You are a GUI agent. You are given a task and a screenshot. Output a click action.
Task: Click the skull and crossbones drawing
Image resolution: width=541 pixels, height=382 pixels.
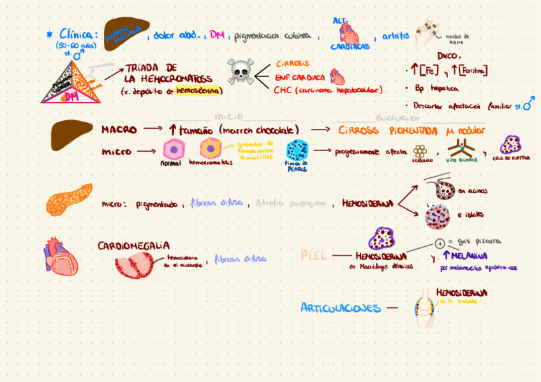coord(241,72)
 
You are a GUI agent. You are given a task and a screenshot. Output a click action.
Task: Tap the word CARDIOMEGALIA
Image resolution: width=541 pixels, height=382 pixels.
coord(133,246)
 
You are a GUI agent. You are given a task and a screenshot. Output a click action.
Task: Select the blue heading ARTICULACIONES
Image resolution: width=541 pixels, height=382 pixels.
coord(340,308)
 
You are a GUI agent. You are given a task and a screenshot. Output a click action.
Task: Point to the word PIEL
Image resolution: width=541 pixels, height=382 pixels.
coord(314,255)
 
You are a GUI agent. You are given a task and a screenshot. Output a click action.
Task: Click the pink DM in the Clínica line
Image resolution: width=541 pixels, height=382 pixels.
coord(216,35)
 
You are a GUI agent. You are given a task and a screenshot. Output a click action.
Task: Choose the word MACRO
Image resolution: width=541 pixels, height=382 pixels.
coord(119,129)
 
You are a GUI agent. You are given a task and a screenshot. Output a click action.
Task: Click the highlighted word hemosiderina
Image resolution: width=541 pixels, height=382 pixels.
coord(198,91)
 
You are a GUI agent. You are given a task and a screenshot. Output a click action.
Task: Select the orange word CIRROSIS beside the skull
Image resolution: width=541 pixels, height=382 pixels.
coord(293,64)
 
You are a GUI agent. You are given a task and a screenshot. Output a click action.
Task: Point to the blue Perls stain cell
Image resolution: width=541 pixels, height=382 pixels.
coord(297,151)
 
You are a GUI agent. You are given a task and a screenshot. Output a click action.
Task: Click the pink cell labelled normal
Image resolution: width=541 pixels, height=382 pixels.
coord(173,149)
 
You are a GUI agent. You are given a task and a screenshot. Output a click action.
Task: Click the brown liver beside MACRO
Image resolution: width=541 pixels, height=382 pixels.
coord(70,135)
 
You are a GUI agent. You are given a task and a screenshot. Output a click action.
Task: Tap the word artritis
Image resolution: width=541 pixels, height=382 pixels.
coord(396,36)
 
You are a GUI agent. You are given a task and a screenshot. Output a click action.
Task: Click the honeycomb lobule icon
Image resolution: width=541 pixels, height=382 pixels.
coord(420,151)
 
